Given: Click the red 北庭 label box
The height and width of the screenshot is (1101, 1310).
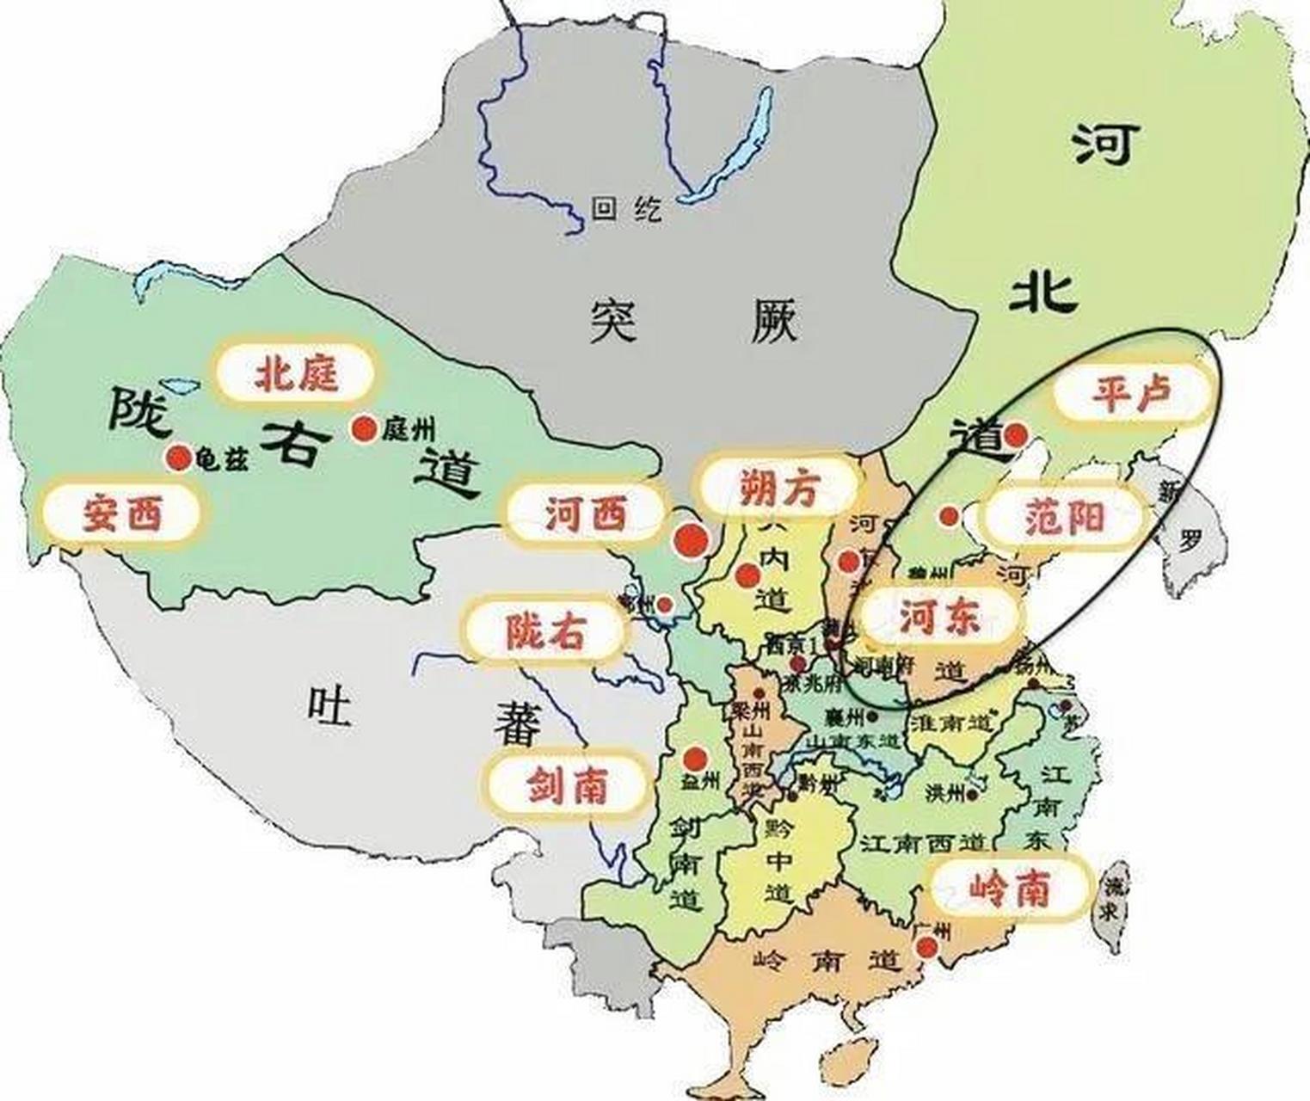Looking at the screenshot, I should [x=295, y=374].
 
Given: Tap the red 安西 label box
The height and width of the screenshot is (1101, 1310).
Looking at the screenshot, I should [x=122, y=514].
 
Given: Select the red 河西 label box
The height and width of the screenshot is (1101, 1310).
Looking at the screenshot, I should [x=586, y=514].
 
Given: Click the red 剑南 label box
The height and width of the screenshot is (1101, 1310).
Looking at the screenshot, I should [x=568, y=785].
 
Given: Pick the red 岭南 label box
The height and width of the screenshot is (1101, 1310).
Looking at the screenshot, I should [x=1010, y=889].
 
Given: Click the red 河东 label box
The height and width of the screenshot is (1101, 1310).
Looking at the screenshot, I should [x=938, y=616].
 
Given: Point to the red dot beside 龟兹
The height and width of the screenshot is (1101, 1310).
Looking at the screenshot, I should [x=179, y=458].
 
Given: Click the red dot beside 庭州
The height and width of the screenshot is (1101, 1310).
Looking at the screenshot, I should [x=364, y=428].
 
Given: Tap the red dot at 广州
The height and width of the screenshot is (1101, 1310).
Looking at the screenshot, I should [x=926, y=948].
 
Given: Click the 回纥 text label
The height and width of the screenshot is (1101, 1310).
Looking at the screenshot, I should [x=628, y=208].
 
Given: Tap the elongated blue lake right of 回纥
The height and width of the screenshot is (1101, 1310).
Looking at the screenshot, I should [x=728, y=146].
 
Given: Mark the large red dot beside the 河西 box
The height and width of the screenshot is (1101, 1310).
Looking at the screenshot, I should [x=691, y=540].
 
